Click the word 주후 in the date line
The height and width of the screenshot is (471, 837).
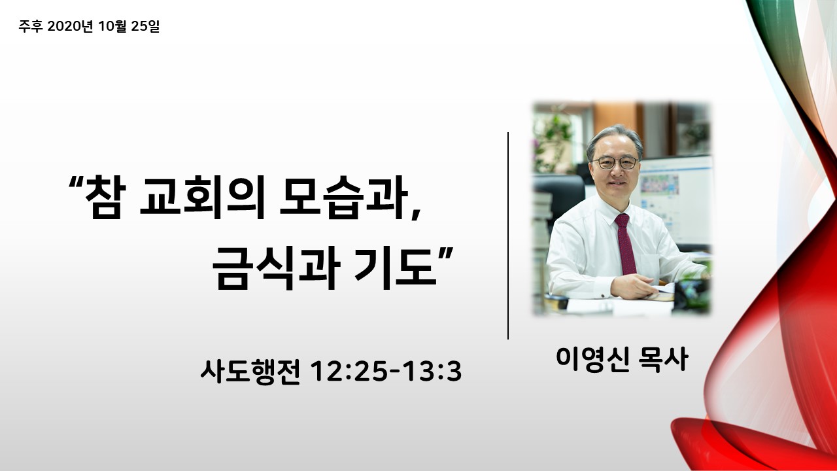pos(31,26)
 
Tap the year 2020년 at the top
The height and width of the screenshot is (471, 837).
pos(70,26)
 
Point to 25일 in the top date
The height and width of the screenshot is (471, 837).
pos(145,26)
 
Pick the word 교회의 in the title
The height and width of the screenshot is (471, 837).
pos(202,197)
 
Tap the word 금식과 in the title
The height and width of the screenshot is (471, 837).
pos(276,268)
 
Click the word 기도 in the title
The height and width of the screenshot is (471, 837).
pos(396,268)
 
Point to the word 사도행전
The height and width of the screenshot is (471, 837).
pos(250,372)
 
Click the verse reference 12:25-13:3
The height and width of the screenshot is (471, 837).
pos(386,372)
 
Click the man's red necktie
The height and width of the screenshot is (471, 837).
pos(624,244)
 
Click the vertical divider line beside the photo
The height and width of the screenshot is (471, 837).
pos(508,236)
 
